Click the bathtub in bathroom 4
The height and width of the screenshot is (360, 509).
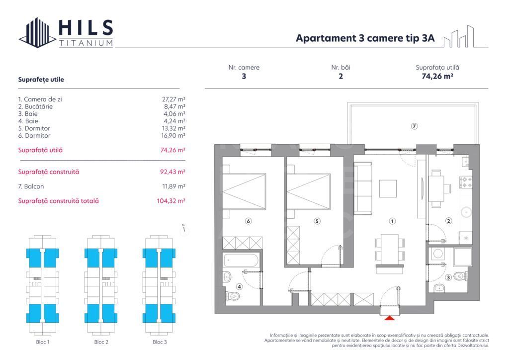[x=241, y=260]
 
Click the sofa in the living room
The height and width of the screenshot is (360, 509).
[x=362, y=187]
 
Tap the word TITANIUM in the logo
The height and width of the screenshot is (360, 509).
[x=86, y=43]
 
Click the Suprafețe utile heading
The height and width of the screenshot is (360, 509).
[x=41, y=80]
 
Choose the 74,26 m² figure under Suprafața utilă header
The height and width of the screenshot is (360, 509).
[x=437, y=77]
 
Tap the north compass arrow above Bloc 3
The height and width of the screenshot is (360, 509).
[x=184, y=229]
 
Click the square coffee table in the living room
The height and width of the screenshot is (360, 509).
[x=388, y=188]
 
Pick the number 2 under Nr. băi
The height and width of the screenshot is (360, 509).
[x=340, y=77]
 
